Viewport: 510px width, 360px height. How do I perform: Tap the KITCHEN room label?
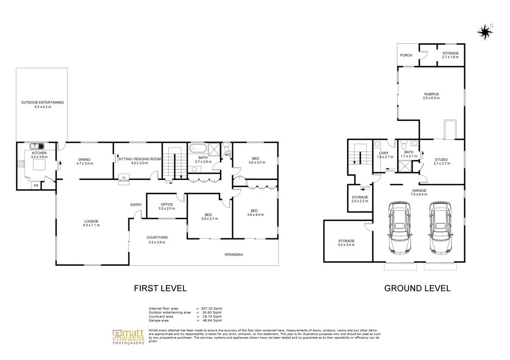(x=39, y=153)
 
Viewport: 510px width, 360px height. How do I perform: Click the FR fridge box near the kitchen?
(x=36, y=186)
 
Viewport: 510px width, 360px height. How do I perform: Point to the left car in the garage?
(x=399, y=228)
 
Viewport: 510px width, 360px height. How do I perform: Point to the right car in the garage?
(x=440, y=228)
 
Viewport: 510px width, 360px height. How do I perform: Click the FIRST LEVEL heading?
(x=160, y=288)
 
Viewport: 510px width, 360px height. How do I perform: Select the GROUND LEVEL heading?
(x=417, y=288)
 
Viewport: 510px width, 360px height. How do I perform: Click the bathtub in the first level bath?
(x=198, y=149)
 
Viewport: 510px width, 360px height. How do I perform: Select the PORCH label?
(x=406, y=55)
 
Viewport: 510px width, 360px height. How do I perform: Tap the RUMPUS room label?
(x=431, y=94)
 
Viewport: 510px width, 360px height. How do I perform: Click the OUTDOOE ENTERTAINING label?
(x=42, y=102)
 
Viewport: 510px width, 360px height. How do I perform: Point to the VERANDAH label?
(x=234, y=254)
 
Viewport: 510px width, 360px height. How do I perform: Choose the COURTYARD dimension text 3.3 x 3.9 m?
(x=157, y=242)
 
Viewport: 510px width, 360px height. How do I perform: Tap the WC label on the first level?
(x=227, y=155)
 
